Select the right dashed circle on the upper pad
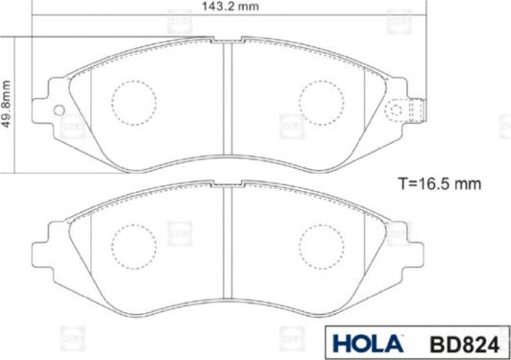322,100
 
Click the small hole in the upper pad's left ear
59,108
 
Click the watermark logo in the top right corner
395,17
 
